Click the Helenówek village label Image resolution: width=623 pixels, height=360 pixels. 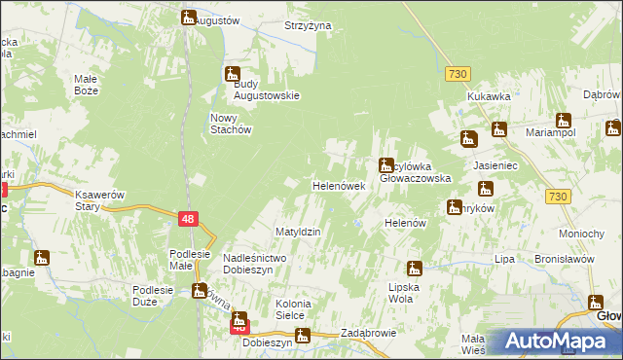click(x=338, y=185)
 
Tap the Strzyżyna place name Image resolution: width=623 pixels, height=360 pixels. click(x=309, y=25)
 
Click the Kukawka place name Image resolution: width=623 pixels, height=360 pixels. click(x=489, y=97)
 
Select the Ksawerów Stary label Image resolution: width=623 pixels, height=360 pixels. click(x=101, y=200)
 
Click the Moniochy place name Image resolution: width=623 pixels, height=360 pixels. click(x=583, y=234)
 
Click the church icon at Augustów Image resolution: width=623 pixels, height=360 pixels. click(x=188, y=17)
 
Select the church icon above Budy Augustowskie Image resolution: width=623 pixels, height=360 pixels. click(x=233, y=73)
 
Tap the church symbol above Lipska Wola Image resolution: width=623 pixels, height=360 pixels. click(x=414, y=269)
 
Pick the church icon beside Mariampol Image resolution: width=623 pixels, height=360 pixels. click(x=563, y=120)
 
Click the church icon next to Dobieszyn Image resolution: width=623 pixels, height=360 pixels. click(x=302, y=337)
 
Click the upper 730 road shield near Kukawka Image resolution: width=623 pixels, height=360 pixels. click(x=458, y=74)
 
